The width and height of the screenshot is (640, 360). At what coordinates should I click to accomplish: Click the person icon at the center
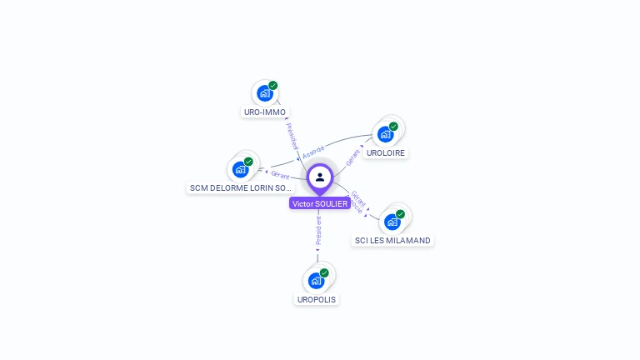[320, 177]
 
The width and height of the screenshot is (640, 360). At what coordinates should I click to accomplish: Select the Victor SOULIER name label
[320, 203]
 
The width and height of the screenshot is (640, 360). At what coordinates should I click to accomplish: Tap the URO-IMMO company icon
[264, 93]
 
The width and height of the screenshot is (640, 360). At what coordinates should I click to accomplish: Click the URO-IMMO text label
[265, 112]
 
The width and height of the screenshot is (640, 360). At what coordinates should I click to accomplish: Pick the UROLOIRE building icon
[385, 134]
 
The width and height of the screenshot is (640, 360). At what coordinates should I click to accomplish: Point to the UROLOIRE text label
[386, 153]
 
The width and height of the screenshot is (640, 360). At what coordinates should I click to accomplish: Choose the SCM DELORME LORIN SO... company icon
[240, 169]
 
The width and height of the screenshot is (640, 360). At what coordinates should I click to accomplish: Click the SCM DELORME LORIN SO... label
[241, 187]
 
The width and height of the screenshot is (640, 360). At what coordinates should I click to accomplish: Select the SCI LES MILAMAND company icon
[392, 222]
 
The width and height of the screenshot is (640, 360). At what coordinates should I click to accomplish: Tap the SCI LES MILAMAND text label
[392, 240]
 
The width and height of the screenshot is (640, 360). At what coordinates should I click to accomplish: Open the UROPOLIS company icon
[316, 280]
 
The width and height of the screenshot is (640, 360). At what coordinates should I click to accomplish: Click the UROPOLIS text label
[317, 299]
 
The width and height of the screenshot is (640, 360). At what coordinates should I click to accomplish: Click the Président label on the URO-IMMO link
[292, 137]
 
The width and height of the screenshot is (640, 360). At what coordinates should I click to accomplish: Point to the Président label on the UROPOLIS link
[318, 231]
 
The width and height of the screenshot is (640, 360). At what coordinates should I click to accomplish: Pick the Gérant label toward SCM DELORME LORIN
[280, 175]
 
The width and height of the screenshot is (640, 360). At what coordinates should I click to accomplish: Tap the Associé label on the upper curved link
[313, 152]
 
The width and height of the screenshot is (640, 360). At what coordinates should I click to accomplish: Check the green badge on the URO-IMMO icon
[272, 86]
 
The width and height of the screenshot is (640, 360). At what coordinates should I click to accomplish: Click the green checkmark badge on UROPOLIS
[324, 272]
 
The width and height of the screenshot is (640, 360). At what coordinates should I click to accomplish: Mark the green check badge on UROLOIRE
[393, 127]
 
